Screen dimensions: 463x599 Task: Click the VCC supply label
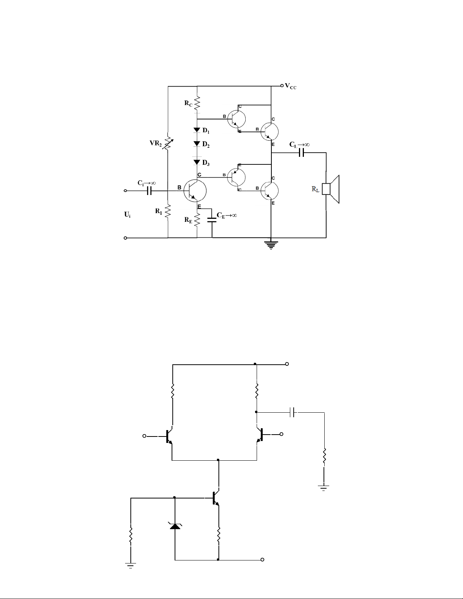(291, 86)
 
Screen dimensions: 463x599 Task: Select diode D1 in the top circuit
(197, 130)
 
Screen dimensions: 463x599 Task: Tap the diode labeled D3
(197, 162)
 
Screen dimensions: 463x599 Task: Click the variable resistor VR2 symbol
(168, 142)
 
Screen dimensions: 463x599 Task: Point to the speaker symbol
(331, 189)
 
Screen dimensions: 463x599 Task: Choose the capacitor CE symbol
(212, 220)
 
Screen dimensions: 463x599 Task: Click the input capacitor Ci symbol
(149, 191)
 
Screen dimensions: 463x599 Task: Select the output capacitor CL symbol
(301, 153)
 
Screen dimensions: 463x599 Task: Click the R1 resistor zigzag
(167, 212)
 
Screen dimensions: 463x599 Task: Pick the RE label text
(189, 220)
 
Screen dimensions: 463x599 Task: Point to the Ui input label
(127, 214)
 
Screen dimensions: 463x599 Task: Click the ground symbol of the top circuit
(271, 245)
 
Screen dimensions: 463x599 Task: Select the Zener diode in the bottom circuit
(175, 526)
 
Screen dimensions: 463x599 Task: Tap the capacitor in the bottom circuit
(294, 412)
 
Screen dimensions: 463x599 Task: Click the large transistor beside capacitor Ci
(195, 190)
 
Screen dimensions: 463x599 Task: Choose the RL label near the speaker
(316, 189)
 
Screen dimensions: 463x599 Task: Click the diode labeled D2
(197, 144)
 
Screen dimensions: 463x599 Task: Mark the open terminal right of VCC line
(282, 86)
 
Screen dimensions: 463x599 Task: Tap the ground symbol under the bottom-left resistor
(131, 566)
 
